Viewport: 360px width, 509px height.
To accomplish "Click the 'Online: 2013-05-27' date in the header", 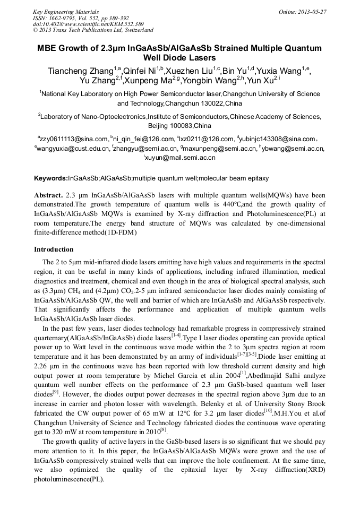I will pos(303,12).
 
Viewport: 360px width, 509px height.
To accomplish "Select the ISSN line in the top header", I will pos(80,18).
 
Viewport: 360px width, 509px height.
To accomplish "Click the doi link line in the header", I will pos(88,24).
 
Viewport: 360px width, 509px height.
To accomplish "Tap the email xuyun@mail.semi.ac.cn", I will pos(181,158).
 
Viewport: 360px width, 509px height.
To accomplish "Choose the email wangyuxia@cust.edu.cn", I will pos(72,149).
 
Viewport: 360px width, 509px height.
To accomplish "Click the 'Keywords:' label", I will pos(50,178).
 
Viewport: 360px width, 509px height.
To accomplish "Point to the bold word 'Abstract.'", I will pos(49,195).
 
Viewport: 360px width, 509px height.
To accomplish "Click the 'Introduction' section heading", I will pos(54,249).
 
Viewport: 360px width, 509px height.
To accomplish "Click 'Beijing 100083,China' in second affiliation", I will pos(179,126).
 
